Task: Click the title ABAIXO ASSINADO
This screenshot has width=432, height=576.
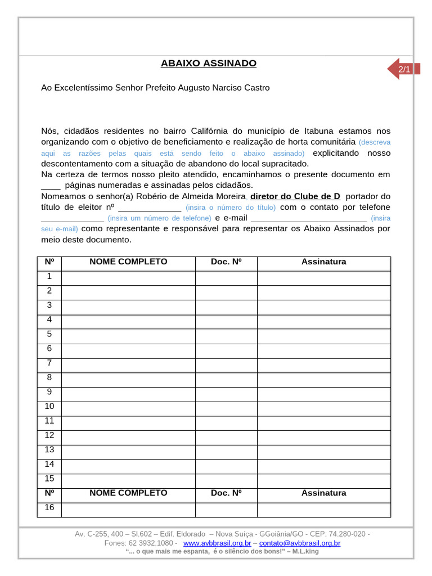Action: click(208, 64)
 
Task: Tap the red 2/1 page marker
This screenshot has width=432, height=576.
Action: click(403, 69)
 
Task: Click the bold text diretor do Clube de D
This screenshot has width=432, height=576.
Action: click(295, 196)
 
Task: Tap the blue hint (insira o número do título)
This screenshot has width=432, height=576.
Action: click(231, 208)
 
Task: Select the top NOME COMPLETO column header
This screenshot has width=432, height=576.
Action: click(128, 262)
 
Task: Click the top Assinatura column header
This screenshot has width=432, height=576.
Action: click(323, 262)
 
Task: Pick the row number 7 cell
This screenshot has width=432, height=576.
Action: click(49, 363)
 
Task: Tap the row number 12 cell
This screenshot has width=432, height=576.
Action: click(49, 435)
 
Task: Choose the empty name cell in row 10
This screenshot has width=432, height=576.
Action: click(128, 407)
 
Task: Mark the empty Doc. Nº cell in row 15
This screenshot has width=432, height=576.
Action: click(226, 479)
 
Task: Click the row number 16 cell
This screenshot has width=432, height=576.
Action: click(49, 508)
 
